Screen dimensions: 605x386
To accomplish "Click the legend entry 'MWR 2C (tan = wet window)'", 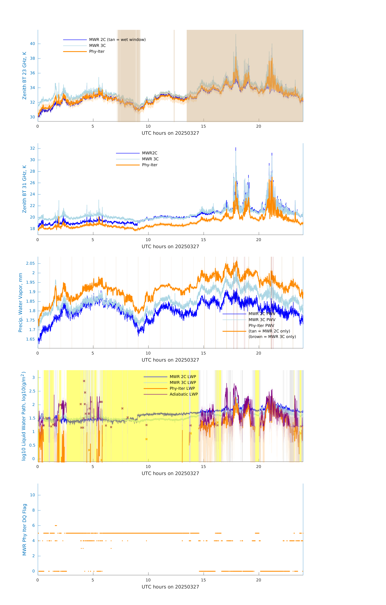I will coord(117,40).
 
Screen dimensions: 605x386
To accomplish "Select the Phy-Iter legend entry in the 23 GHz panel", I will coord(97,52).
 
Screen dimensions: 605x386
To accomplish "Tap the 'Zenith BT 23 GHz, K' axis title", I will coord(24,76).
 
